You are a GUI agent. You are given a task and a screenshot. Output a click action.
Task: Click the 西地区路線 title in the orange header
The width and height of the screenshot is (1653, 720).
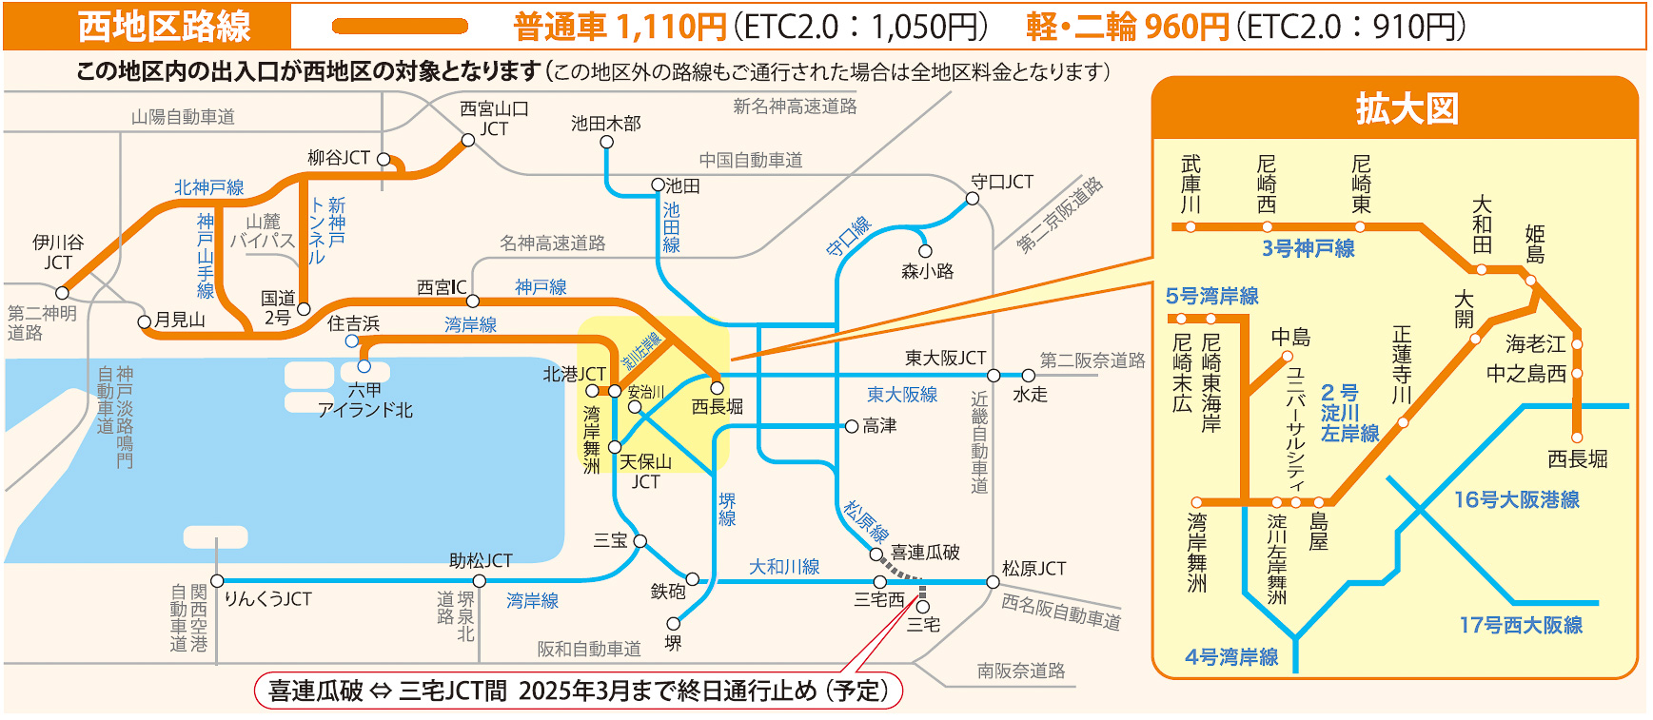click(x=164, y=27)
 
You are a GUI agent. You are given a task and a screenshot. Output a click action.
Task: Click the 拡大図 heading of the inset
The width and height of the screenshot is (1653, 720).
click(x=1407, y=108)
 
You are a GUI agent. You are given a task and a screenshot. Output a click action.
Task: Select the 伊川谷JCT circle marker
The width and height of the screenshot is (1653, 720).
click(x=63, y=293)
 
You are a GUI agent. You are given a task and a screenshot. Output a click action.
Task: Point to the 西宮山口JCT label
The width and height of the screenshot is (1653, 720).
click(x=494, y=119)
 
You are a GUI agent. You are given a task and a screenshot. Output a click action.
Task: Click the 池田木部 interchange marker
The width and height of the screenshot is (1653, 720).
click(x=606, y=143)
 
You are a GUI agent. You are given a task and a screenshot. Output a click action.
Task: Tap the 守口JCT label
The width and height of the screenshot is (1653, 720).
click(x=1001, y=182)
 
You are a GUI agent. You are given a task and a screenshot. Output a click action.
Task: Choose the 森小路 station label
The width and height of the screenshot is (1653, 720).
click(x=927, y=271)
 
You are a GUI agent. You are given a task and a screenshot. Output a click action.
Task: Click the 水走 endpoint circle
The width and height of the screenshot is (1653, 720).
click(x=1028, y=376)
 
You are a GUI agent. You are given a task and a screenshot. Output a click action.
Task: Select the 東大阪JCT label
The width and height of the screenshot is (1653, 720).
click(x=945, y=358)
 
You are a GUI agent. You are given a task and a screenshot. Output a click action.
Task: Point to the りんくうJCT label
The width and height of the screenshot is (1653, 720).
click(x=267, y=599)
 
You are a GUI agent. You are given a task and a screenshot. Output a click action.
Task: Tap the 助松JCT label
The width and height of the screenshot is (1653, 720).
click(x=481, y=561)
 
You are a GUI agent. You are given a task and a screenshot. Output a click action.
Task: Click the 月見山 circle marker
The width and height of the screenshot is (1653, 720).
click(x=145, y=321)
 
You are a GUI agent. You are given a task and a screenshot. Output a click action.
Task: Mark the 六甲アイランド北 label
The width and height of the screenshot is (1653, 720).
click(x=364, y=400)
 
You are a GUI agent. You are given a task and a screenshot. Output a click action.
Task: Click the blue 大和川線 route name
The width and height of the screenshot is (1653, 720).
click(x=783, y=567)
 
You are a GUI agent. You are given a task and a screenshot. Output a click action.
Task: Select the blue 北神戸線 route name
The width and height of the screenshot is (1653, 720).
click(x=208, y=187)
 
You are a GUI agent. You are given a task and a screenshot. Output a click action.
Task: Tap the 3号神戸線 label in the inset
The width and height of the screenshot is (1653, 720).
click(x=1308, y=248)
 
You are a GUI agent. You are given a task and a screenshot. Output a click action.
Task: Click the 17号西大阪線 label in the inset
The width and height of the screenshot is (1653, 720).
click(x=1521, y=625)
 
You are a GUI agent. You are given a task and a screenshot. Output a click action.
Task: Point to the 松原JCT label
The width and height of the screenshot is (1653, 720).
click(x=1033, y=569)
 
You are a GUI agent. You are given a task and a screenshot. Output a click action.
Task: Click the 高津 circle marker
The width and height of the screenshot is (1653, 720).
click(x=852, y=426)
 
